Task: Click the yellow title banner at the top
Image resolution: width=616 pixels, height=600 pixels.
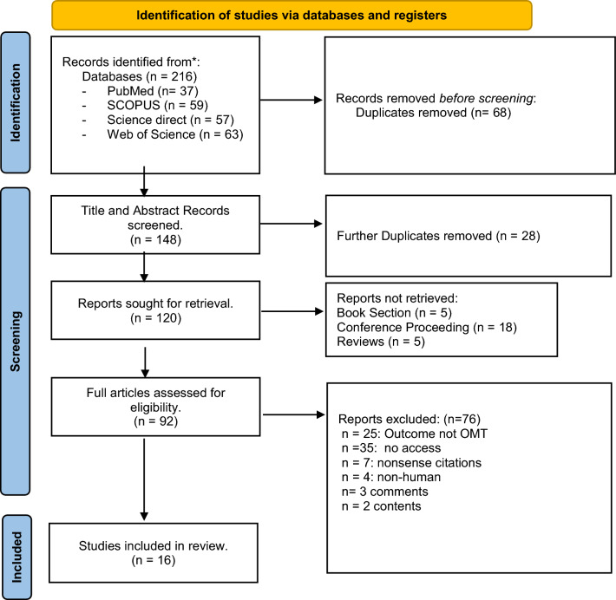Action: (292, 16)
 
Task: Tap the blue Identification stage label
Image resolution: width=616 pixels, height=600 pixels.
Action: (16, 102)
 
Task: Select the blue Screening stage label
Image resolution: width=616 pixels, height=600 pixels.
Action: (16, 342)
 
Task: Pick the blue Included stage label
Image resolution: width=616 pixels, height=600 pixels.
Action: (16, 558)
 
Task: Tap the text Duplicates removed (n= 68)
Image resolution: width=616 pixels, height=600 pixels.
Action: (433, 113)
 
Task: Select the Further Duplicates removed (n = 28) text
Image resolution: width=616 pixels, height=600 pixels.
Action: (438, 236)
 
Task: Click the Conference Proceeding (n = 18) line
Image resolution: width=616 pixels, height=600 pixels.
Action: (427, 327)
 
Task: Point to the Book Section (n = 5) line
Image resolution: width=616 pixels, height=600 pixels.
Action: (395, 312)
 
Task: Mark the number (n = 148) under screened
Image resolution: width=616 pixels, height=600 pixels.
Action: (155, 239)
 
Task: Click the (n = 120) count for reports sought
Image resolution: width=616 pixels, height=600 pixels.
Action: (155, 317)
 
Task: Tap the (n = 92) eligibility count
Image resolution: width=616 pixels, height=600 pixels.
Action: (155, 421)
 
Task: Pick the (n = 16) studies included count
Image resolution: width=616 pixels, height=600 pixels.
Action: (154, 560)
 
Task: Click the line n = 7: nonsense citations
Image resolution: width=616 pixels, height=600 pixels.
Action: (411, 463)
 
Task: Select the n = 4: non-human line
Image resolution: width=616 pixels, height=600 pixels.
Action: (391, 477)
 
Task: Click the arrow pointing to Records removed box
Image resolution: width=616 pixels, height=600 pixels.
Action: (292, 100)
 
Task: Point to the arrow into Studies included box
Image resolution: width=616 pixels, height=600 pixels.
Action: (144, 479)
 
